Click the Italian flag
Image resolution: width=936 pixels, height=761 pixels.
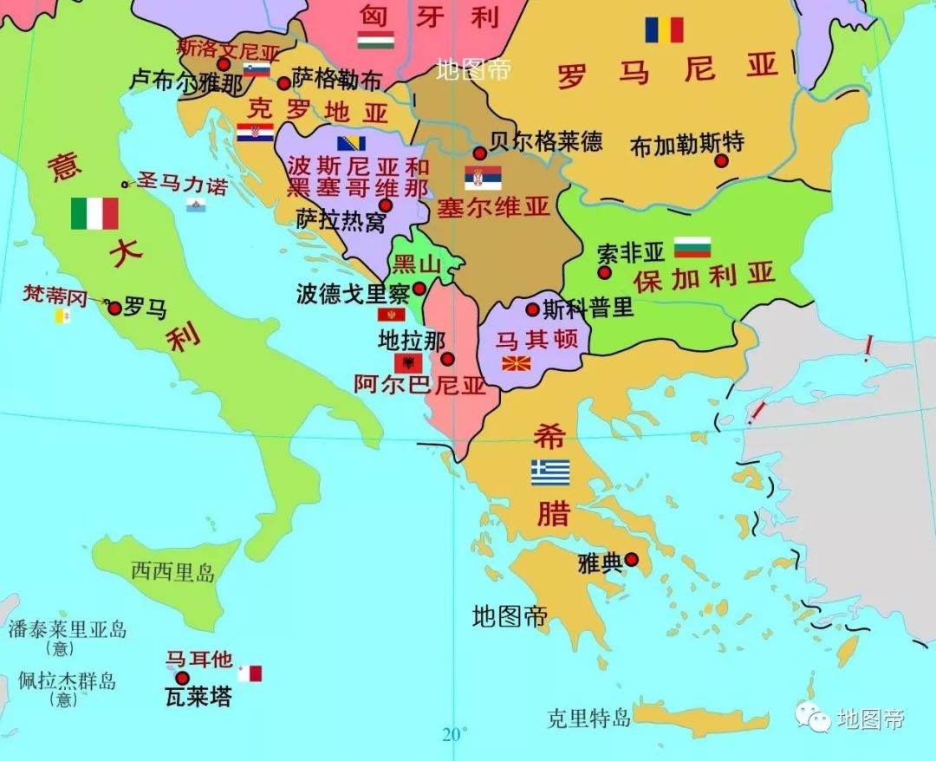click(x=94, y=213)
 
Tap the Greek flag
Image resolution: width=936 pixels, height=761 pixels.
click(x=550, y=472)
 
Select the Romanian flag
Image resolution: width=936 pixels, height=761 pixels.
click(x=664, y=30)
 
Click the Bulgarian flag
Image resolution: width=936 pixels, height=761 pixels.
click(x=692, y=247)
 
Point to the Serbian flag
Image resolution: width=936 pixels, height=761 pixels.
click(x=482, y=178)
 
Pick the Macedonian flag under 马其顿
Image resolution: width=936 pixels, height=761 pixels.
click(x=517, y=362)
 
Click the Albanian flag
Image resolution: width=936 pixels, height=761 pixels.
click(x=407, y=362)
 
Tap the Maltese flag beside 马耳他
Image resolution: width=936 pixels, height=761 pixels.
click(x=250, y=673)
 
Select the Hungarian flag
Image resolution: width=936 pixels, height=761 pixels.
click(x=375, y=40)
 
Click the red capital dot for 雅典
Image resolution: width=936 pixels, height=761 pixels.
click(x=632, y=560)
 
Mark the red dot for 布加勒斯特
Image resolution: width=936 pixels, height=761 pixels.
click(x=721, y=160)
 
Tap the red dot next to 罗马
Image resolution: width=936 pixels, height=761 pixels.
click(x=114, y=308)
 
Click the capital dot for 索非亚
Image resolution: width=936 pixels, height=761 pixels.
click(x=604, y=272)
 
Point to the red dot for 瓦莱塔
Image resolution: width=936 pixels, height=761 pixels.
click(x=182, y=678)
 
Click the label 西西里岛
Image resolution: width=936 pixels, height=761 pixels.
click(x=172, y=571)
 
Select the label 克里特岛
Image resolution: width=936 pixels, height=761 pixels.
click(x=588, y=718)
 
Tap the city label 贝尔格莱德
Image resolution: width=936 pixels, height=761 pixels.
click(x=546, y=140)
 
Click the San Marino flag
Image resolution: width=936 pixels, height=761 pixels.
click(x=196, y=205)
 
